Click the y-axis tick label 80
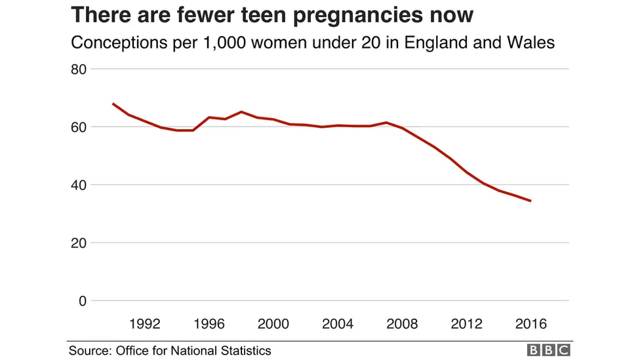[79, 69]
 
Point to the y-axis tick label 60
[79, 127]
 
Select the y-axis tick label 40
[79, 185]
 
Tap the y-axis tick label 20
[79, 243]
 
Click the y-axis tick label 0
[83, 301]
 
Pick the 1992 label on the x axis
[145, 324]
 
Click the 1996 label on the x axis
[209, 324]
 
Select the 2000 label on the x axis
[273, 324]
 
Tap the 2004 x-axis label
[338, 324]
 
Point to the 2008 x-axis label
[402, 324]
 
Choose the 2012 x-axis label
[466, 324]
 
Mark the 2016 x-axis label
[530, 324]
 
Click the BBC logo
[549, 351]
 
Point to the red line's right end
[530, 201]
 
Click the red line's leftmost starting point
[113, 104]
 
